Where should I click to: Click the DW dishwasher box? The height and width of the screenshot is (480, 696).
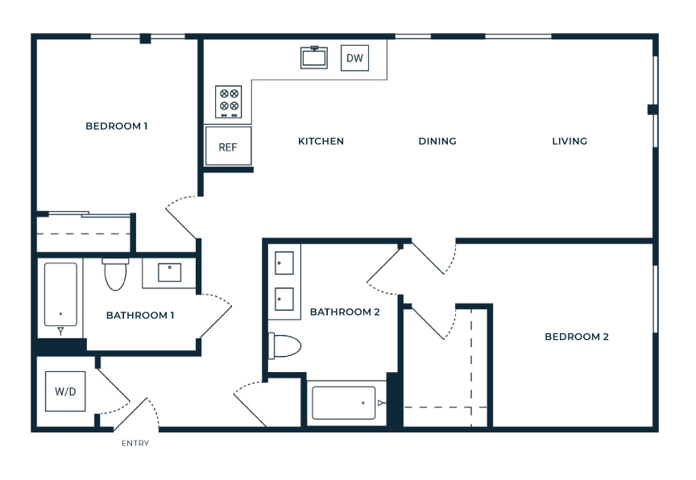[354, 58]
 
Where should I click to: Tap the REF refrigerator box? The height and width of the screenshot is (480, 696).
[228, 146]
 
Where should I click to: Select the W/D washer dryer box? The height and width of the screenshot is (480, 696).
[65, 391]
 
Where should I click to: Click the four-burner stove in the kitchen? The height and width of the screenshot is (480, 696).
[229, 102]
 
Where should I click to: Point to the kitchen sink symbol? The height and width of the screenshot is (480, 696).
[314, 57]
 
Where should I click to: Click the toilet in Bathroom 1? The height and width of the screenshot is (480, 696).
[115, 274]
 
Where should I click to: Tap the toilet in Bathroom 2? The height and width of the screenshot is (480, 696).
[284, 346]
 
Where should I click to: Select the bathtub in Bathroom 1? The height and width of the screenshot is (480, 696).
[60, 295]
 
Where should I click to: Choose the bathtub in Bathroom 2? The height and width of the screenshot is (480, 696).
[343, 403]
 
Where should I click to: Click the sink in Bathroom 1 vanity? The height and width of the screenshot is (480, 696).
[169, 272]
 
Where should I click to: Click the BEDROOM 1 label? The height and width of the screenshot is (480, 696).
[117, 126]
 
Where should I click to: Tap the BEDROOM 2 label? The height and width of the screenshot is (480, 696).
[577, 337]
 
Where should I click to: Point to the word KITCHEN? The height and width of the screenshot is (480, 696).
[321, 141]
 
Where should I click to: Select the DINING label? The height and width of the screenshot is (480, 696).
[437, 141]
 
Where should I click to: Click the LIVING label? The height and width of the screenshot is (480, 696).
[570, 141]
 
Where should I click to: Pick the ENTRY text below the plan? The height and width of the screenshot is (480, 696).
[135, 443]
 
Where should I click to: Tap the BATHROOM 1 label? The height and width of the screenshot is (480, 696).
[140, 316]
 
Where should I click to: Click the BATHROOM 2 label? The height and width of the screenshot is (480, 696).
[345, 312]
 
